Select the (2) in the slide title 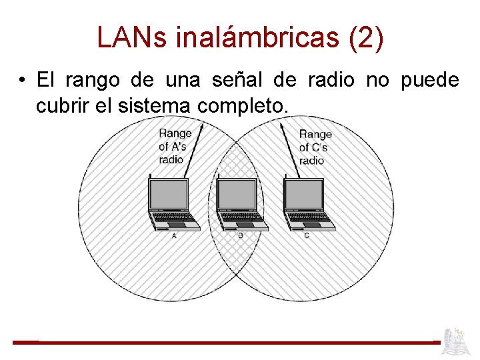366,38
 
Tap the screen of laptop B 237,195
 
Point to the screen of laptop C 304,195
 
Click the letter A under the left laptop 175,235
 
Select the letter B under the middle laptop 240,235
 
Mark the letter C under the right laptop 307,235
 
